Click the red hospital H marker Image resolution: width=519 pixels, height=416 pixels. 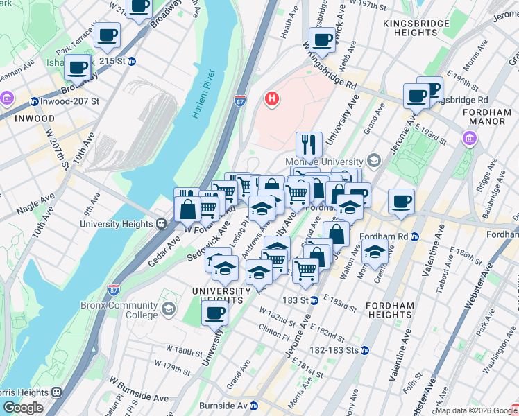point(272,99)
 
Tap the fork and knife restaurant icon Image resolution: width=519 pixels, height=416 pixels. point(309,144)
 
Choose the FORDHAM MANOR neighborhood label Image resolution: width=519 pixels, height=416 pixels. point(486,116)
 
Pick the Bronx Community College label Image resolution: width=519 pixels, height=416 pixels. point(128,310)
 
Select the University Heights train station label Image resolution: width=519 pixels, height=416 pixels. point(116,224)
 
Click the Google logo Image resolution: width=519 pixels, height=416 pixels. point(23,408)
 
